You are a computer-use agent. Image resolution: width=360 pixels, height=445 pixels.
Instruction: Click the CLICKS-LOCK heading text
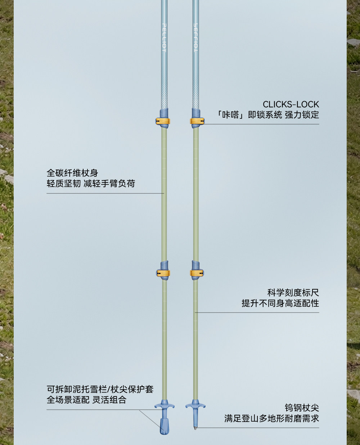[291, 104]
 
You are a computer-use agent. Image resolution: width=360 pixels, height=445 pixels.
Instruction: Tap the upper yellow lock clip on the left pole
[163, 121]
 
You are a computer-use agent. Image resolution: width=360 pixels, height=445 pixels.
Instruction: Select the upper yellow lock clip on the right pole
[197, 121]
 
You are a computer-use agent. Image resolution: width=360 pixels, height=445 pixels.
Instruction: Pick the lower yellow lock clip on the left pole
[163, 273]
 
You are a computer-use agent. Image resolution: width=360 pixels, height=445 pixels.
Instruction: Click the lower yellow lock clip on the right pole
[197, 273]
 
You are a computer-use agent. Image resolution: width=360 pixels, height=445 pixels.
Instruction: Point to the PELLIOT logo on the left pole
[164, 38]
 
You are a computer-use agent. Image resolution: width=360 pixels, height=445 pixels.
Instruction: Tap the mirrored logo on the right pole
[196, 38]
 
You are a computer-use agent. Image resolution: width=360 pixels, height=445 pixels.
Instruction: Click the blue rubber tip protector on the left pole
[165, 426]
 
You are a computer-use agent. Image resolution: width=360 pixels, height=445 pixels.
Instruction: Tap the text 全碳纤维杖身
[72, 173]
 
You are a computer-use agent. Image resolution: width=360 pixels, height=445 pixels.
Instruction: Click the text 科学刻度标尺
[293, 293]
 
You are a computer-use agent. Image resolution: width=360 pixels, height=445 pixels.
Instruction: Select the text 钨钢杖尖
[302, 408]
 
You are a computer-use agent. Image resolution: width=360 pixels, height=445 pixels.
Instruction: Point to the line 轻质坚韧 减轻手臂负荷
[91, 184]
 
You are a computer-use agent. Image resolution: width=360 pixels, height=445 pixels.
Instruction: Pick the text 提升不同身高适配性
[280, 304]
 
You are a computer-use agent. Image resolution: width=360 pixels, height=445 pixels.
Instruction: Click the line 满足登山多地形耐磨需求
[272, 418]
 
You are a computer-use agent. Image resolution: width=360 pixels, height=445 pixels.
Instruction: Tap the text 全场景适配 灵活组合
[86, 400]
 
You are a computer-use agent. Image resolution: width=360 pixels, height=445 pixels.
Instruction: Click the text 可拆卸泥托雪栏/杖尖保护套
[100, 389]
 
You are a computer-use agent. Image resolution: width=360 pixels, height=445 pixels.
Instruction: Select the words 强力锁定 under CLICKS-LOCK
[302, 115]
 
